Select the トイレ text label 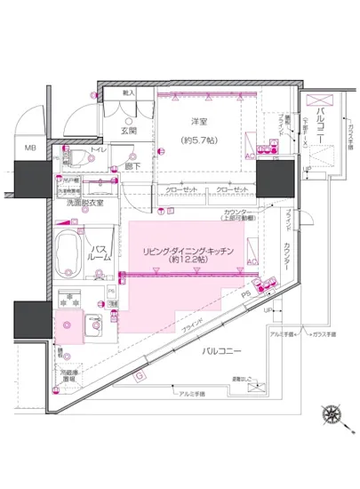[x=98, y=150]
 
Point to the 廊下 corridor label [x=132, y=165]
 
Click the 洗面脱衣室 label [x=83, y=203]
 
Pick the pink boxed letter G [x=140, y=375]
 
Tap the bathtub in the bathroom [x=69, y=253]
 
